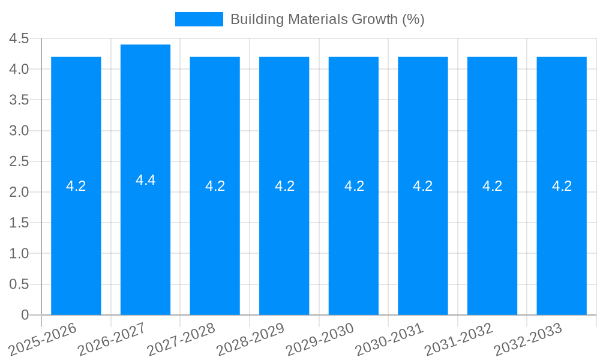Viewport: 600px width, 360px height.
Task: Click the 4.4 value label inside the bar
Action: pos(146,180)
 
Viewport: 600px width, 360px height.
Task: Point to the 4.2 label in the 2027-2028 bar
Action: pos(215,186)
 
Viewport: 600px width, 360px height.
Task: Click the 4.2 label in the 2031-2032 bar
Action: pos(492,186)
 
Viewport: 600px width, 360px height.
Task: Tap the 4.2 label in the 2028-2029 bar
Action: pos(284,186)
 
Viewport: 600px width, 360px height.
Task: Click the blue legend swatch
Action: pos(199,19)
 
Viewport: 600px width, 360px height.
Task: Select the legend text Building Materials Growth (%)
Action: pos(327,19)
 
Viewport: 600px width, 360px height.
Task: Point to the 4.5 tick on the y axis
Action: pos(19,38)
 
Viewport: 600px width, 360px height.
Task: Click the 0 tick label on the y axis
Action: pos(25,315)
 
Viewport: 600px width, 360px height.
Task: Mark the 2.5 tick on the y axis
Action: pos(19,161)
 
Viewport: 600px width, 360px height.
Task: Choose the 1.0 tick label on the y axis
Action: pos(19,254)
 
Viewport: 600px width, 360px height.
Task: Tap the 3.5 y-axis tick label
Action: pos(19,100)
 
